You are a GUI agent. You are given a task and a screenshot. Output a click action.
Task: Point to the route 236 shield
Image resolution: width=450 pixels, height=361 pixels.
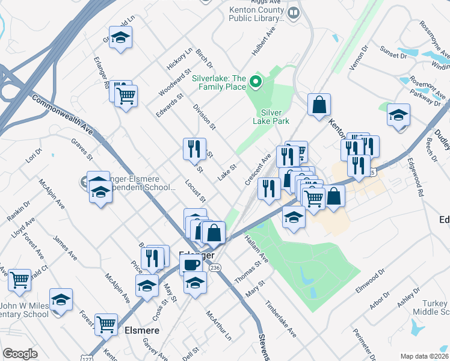click(x=217, y=267)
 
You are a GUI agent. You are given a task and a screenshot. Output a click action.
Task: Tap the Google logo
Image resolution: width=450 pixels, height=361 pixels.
click(x=20, y=354)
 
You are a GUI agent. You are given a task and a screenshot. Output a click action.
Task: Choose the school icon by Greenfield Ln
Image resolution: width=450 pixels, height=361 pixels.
click(x=120, y=38)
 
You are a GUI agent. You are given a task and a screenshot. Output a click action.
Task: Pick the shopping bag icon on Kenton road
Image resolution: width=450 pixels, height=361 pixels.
click(x=319, y=104)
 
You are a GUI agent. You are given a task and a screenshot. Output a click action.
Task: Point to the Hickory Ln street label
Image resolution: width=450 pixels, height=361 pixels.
click(x=179, y=58)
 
